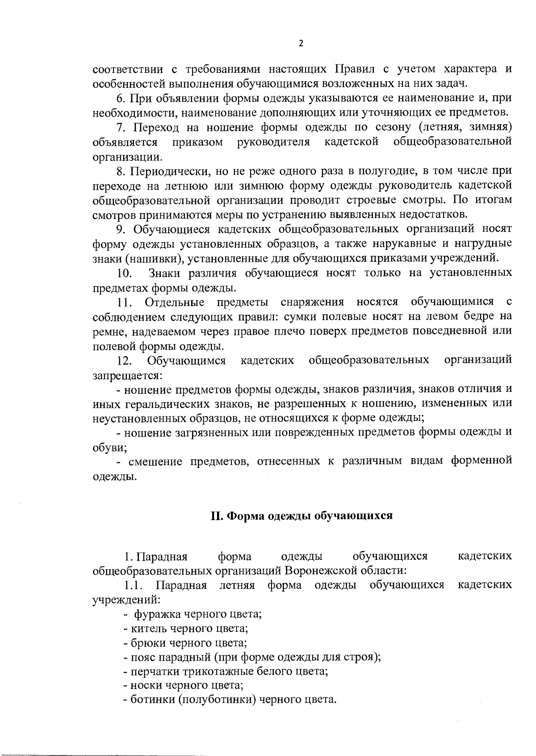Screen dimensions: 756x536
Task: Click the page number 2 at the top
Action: click(301, 43)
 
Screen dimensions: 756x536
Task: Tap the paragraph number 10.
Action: click(123, 273)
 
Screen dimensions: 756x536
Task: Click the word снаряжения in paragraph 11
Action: click(312, 302)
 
